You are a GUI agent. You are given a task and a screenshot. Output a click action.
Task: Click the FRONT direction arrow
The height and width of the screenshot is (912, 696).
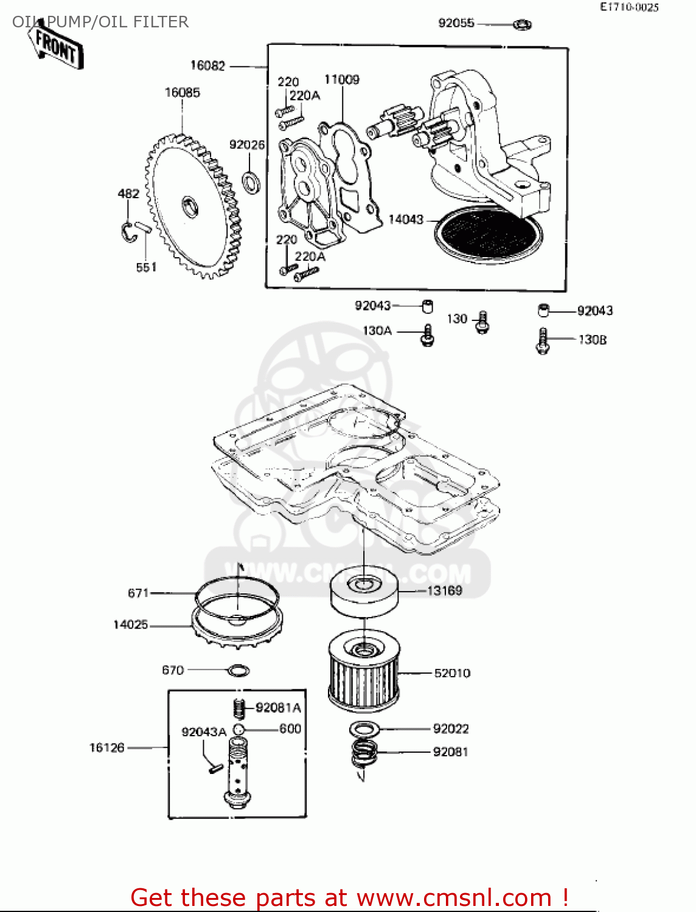click(56, 46)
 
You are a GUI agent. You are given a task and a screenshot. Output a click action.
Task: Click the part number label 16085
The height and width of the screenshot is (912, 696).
click(182, 92)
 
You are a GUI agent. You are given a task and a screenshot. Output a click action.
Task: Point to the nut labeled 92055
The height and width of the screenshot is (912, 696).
click(522, 24)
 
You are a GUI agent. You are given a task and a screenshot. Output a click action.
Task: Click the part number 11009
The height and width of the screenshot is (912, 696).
click(341, 80)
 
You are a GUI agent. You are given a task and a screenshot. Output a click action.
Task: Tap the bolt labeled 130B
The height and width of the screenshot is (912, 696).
click(543, 340)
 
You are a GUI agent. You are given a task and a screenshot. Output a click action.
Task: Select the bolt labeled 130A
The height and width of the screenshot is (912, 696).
click(428, 335)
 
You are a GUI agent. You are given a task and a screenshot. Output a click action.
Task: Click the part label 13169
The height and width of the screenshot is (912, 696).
click(444, 591)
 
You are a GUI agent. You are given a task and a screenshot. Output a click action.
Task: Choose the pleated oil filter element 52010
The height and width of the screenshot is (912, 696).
click(363, 672)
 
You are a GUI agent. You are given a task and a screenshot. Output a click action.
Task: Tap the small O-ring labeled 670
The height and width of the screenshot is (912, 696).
click(238, 671)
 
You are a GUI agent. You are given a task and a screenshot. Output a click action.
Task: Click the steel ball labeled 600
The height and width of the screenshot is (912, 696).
click(238, 730)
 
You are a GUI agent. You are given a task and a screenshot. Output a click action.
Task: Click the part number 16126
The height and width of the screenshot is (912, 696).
click(106, 747)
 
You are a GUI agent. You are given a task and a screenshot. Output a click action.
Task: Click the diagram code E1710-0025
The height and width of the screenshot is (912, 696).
click(629, 7)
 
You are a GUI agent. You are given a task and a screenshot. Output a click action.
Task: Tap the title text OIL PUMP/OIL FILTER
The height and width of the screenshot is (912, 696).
click(100, 22)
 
